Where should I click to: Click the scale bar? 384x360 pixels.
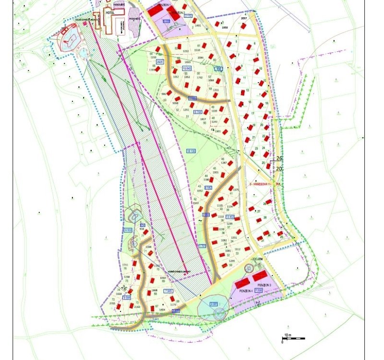coord(293,339)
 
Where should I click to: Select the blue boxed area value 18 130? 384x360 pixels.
coord(191,151)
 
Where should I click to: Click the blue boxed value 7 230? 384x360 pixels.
coord(259,291)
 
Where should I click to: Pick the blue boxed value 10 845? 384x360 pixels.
coord(187,69)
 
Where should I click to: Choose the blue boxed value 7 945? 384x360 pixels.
coord(168,291)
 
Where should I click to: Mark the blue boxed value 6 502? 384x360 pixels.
coord(128,230)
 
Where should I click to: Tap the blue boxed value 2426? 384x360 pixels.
coord(160,62)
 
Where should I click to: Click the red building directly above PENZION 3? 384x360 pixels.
coord(260,277)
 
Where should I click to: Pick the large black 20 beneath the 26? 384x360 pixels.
coord(278,168)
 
